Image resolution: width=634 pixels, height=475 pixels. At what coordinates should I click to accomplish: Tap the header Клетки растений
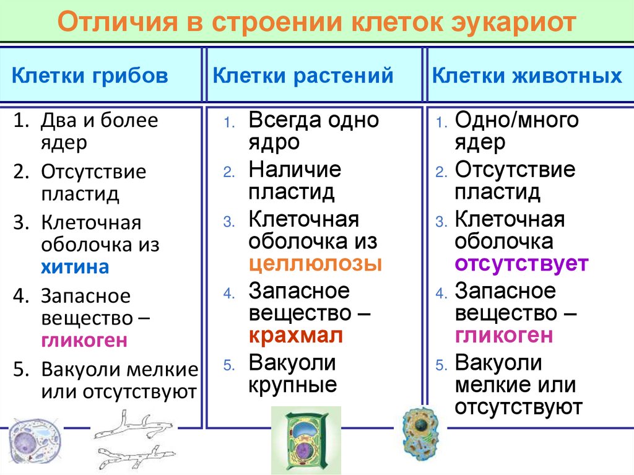point(303,76)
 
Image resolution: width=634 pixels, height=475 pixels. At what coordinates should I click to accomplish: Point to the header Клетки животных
point(527,76)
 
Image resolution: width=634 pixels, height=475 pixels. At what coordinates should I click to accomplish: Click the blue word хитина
point(75,267)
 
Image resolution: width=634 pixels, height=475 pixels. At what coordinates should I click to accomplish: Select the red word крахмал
point(295,336)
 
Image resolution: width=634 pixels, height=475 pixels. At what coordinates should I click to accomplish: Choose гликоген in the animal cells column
point(503,336)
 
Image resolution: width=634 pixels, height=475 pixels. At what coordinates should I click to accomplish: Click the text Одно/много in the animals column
point(517,120)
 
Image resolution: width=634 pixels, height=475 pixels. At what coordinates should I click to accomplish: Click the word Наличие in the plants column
point(295,169)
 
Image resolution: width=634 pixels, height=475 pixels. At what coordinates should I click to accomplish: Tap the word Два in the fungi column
point(58,120)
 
